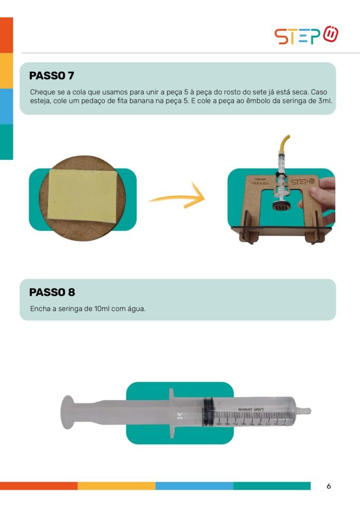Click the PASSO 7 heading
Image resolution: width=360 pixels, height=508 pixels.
52,75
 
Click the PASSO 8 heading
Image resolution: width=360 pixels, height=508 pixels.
52,292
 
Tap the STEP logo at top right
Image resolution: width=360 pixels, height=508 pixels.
306,35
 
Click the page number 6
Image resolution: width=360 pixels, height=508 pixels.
329,486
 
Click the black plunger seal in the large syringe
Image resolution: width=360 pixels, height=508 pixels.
207,412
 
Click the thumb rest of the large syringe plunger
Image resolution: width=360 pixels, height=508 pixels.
68,412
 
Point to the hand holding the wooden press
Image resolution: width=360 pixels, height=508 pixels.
318,197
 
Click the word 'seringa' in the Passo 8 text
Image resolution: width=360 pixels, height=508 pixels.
70,309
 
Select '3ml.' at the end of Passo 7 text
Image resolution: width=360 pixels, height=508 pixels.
325,101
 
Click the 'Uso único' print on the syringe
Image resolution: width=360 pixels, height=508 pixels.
252,409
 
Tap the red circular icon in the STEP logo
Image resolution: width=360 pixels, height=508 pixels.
331,34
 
